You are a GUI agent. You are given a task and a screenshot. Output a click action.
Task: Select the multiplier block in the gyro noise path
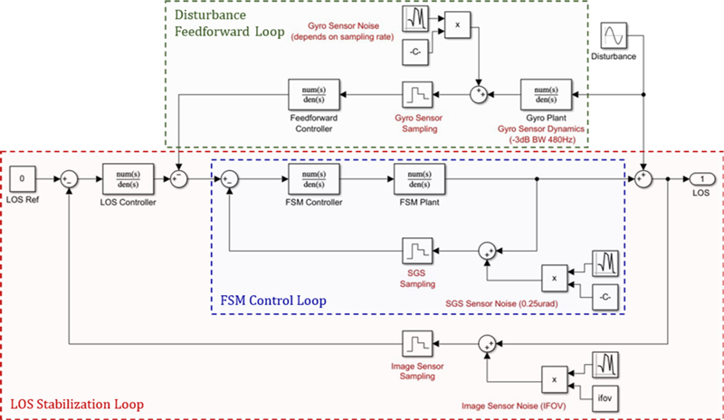click(458, 26)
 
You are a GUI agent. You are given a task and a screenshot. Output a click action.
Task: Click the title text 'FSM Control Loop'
click(274, 300)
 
